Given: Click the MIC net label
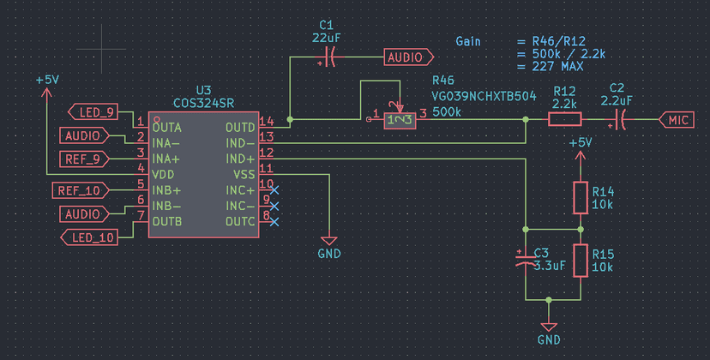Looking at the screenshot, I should tap(677, 121).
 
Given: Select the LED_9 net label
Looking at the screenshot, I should tap(94, 112).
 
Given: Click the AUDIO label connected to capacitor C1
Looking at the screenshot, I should tap(405, 57).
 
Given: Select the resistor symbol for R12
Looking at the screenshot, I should tap(565, 121).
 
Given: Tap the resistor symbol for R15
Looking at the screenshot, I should tap(581, 261).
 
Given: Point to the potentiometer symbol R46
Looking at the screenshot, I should tap(400, 120).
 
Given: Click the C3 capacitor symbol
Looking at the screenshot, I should tap(524, 260).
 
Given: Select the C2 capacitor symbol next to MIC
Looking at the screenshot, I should tap(617, 121).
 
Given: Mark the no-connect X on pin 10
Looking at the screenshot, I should tap(274, 189).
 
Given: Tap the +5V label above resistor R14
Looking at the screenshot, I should tap(580, 142).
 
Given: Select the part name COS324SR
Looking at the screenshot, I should tap(203, 103).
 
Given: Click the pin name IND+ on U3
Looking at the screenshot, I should tap(240, 159).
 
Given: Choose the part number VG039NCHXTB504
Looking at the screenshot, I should tap(484, 97).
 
